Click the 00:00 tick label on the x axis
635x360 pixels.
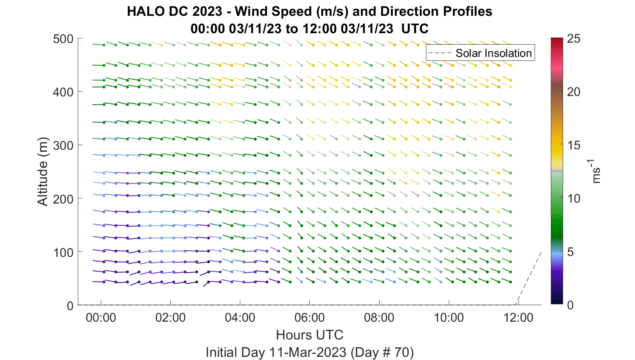click(101, 317)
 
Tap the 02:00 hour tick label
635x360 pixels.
click(170, 317)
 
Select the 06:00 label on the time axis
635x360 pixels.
click(309, 317)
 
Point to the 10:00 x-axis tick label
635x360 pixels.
click(449, 317)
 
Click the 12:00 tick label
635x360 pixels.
click(518, 317)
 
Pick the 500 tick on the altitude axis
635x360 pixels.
click(63, 39)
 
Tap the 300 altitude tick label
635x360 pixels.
click(63, 145)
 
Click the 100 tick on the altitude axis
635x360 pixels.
click(63, 252)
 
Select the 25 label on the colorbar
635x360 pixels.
click(574, 39)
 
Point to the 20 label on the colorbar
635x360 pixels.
click(574, 92)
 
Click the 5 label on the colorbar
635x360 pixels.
click(570, 252)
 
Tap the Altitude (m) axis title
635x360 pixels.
click(43, 172)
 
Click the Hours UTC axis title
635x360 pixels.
click(309, 335)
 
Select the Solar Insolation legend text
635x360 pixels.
click(494, 53)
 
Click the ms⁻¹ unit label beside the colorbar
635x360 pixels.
click(596, 172)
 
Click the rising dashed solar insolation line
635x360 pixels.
click(528, 278)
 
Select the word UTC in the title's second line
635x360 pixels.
click(415, 28)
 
